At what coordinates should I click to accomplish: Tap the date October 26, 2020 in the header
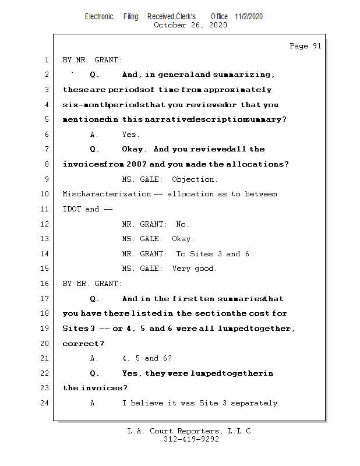tap(190, 25)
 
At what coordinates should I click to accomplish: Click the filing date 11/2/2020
tap(249, 16)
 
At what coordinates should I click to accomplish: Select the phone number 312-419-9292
tap(191, 439)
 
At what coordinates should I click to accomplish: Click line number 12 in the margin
tap(46, 224)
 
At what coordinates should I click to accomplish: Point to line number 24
tap(46, 403)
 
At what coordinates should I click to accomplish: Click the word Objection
tap(195, 179)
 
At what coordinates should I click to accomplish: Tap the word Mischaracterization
tap(107, 194)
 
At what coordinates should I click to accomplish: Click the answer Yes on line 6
tap(130, 135)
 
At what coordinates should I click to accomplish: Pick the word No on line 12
tap(182, 224)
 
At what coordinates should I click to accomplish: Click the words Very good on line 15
tap(195, 269)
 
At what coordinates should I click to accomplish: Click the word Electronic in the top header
tap(99, 16)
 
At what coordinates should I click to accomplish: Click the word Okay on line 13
tap(183, 239)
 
